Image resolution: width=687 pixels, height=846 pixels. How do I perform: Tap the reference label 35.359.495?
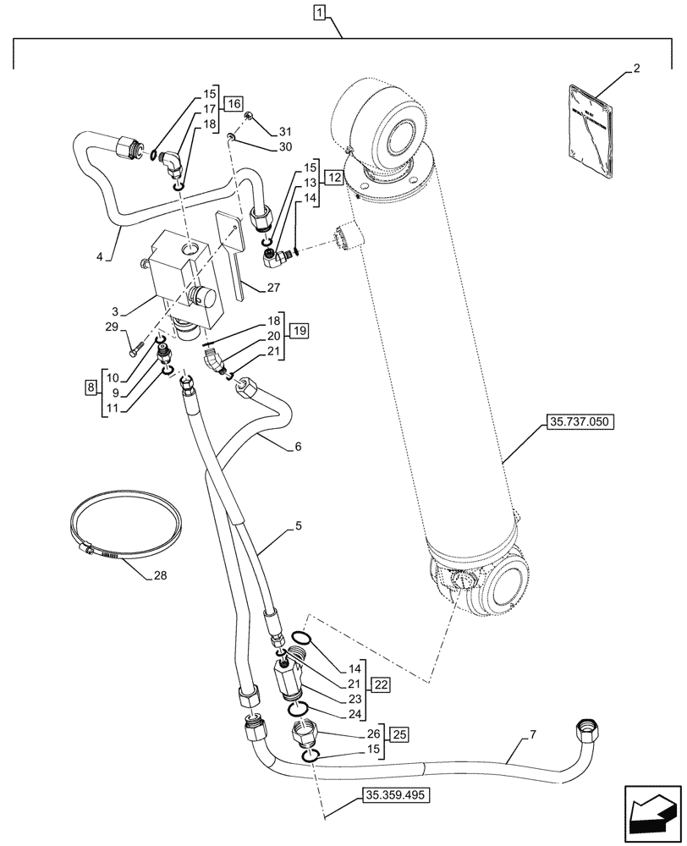395,796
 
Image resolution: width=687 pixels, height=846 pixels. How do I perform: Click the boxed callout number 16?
234,104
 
